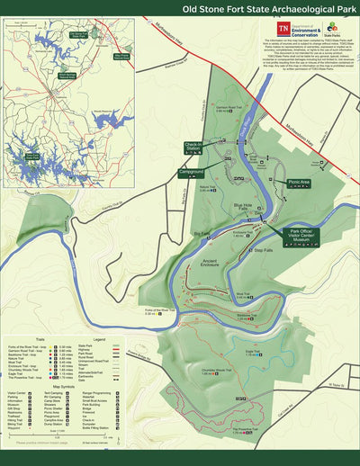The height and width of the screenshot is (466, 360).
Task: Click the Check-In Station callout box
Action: [193, 147]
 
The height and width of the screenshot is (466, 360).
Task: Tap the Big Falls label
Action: [202, 233]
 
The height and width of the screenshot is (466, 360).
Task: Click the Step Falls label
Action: [263, 250]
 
